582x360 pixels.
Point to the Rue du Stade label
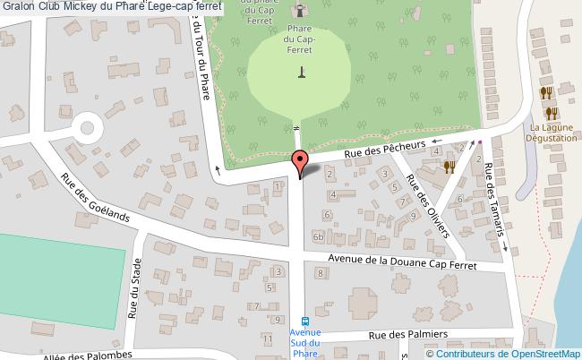(x=134, y=288)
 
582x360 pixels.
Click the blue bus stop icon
(x=304, y=321)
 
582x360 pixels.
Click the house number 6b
(x=318, y=236)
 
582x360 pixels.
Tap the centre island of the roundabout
(x=86, y=126)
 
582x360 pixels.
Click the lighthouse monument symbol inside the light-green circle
(x=302, y=72)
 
